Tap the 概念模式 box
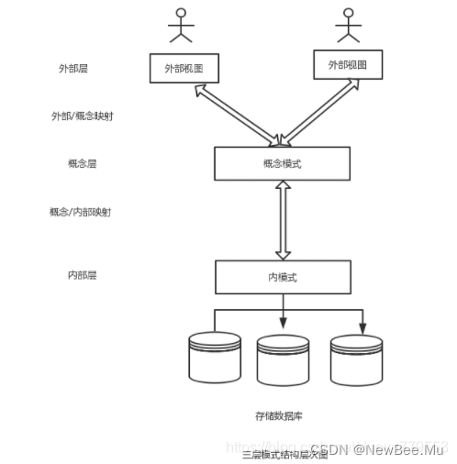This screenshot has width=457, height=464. click(x=282, y=163)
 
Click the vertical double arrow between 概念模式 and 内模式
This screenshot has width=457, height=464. click(x=283, y=220)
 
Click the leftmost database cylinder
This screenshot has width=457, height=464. click(x=214, y=357)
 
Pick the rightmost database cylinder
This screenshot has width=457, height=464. click(x=356, y=359)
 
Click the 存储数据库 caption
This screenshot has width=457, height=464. click(x=282, y=414)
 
